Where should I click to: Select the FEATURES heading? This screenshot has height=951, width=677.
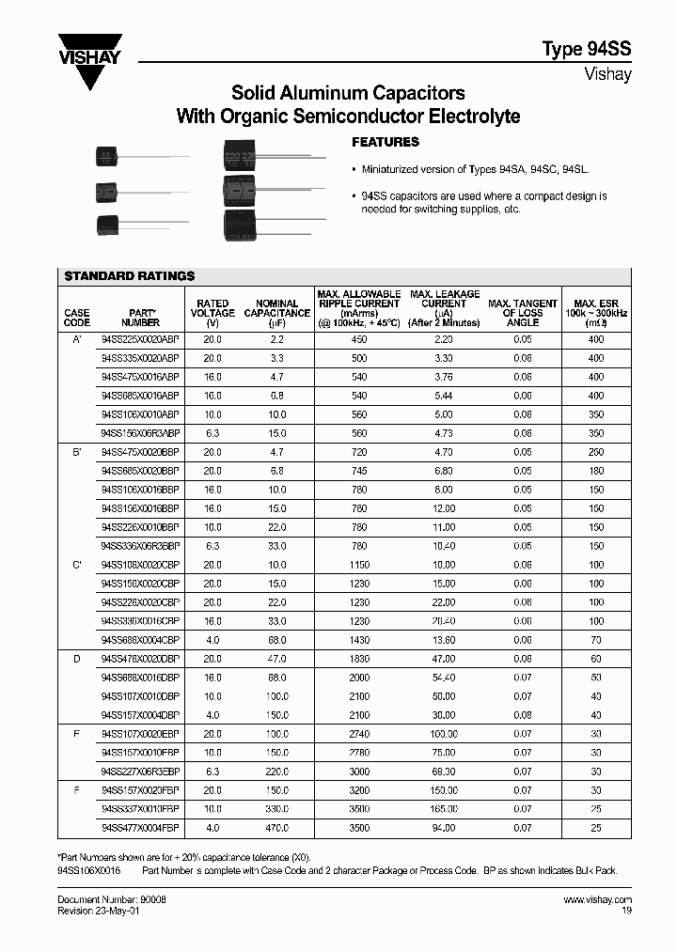click(385, 142)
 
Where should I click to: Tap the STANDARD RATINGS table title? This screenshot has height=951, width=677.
click(129, 275)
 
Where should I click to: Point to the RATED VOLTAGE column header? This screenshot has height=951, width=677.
click(213, 313)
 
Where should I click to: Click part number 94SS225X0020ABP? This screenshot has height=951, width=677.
click(139, 339)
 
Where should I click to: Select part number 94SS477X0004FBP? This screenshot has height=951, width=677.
click(139, 827)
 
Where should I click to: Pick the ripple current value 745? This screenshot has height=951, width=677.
click(359, 471)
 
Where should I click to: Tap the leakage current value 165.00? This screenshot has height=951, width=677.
click(444, 808)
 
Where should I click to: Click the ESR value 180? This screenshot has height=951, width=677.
click(595, 471)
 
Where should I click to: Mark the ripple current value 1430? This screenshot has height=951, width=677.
click(359, 639)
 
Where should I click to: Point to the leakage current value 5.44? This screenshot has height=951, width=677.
click(444, 396)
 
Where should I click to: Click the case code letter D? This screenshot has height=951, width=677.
click(76, 659)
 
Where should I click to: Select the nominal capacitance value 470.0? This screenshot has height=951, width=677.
click(276, 827)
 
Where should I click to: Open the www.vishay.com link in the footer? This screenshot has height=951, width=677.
click(597, 900)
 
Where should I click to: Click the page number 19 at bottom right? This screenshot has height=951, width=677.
click(626, 911)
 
